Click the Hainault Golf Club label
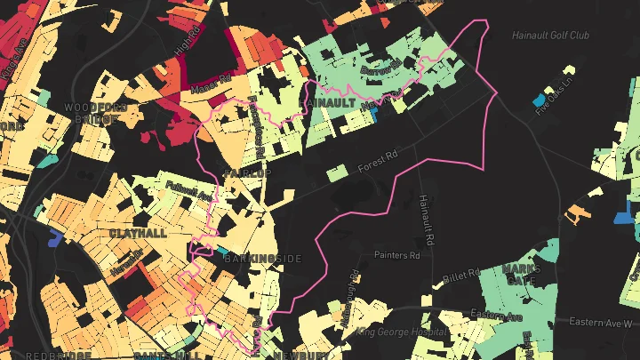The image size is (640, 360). (x=550, y=36)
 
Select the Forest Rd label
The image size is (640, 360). (x=375, y=166)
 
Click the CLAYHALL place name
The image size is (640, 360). (x=138, y=233)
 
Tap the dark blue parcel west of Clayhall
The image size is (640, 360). (x=56, y=236)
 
